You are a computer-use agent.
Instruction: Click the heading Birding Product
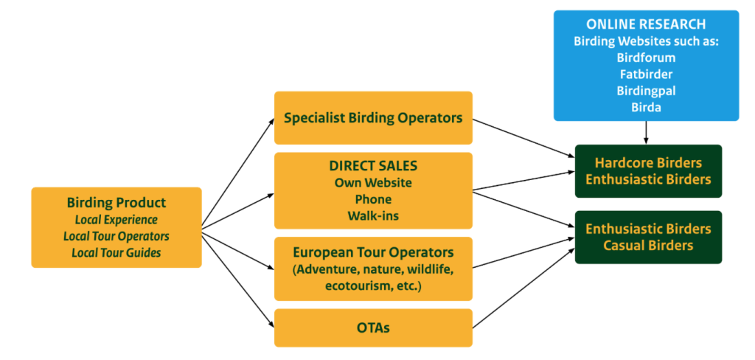(x=116, y=203)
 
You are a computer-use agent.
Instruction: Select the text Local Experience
(x=116, y=220)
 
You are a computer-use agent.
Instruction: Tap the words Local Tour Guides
(x=116, y=252)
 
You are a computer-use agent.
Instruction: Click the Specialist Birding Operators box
(x=373, y=118)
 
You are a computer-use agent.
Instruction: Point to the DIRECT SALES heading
(x=373, y=166)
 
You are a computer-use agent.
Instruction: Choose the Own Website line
(x=373, y=182)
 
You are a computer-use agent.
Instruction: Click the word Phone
(x=373, y=199)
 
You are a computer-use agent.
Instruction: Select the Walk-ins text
(x=373, y=215)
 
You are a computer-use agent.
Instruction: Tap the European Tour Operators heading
(x=373, y=252)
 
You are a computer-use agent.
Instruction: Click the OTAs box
(x=373, y=328)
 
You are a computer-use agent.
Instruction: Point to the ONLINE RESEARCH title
(x=646, y=24)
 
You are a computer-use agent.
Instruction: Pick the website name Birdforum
(x=646, y=57)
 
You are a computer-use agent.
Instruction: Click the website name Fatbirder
(x=646, y=74)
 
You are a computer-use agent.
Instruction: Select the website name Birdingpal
(x=646, y=90)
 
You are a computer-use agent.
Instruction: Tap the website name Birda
(x=646, y=106)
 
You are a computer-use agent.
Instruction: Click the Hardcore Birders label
(x=648, y=162)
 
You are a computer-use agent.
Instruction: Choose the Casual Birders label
(x=648, y=246)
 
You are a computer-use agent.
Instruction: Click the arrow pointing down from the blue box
(x=646, y=133)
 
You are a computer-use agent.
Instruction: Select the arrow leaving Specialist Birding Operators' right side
(x=523, y=137)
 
